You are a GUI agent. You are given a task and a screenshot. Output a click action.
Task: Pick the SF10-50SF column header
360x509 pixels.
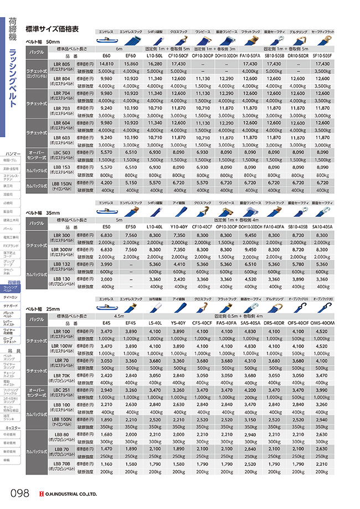(323, 56)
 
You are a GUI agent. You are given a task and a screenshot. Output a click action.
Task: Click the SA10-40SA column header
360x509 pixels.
(323, 227)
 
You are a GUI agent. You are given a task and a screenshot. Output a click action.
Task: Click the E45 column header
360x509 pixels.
(106, 323)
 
